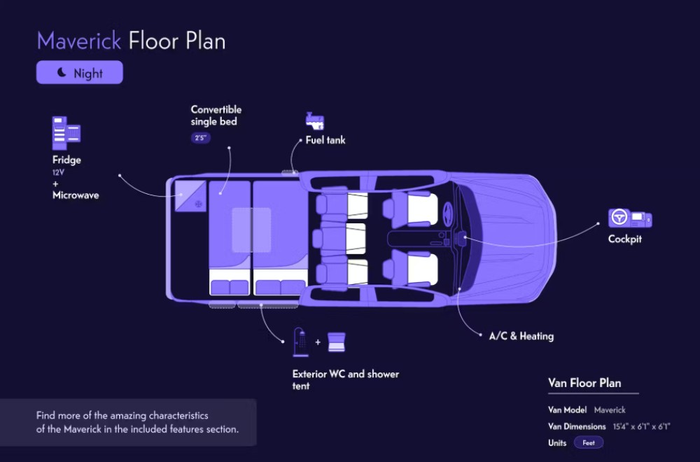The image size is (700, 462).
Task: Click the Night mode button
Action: click(x=79, y=73)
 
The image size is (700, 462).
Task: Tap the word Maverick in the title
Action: click(x=79, y=41)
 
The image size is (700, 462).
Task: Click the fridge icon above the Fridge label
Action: click(x=66, y=133)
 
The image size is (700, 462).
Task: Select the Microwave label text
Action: click(x=76, y=195)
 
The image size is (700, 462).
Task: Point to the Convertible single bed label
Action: click(x=216, y=115)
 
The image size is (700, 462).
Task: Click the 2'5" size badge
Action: click(x=200, y=138)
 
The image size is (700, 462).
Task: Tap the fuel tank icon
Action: click(x=314, y=120)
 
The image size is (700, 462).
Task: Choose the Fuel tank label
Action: click(x=325, y=140)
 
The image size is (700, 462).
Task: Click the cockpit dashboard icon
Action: click(x=630, y=218)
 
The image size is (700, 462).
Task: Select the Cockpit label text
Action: click(x=625, y=239)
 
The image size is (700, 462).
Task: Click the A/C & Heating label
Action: click(x=521, y=336)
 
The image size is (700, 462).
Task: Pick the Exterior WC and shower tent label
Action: click(x=345, y=379)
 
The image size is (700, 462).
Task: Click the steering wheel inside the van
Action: click(x=447, y=211)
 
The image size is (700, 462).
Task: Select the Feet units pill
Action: click(x=589, y=442)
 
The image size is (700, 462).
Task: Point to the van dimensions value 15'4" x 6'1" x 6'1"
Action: click(x=642, y=426)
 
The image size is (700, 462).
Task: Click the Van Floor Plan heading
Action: click(x=584, y=383)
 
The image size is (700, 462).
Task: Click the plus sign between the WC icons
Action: click(x=317, y=342)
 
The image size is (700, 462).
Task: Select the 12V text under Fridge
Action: click(x=57, y=172)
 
